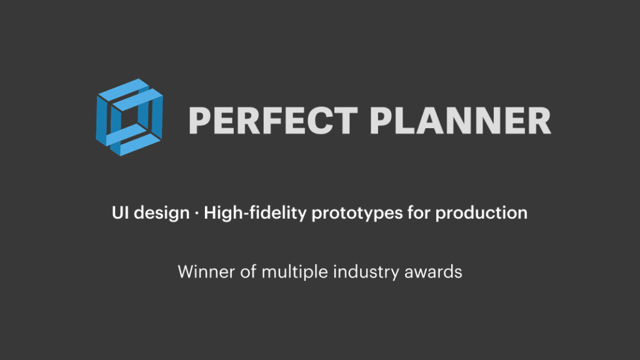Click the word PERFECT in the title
(x=274, y=121)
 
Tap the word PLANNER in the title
(x=461, y=121)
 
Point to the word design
(x=162, y=214)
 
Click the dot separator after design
(x=197, y=213)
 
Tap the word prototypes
(x=357, y=214)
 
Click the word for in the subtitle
(x=419, y=212)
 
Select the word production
(x=481, y=214)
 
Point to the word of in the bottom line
(x=248, y=272)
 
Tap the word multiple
(x=295, y=272)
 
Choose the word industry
(x=366, y=272)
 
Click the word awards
(x=433, y=272)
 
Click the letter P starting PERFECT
(x=200, y=121)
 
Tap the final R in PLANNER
(x=539, y=121)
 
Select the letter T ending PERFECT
(x=346, y=121)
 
